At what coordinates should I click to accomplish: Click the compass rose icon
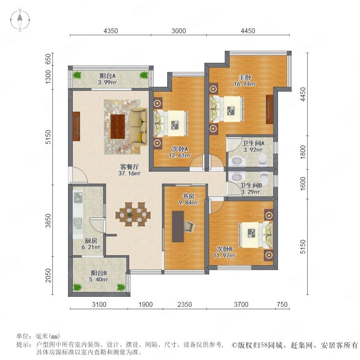[20, 20]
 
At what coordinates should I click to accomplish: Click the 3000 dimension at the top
[179, 31]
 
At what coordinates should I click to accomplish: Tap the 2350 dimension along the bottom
[184, 304]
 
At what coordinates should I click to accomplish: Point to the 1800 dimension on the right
[303, 152]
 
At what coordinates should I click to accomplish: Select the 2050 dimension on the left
[48, 276]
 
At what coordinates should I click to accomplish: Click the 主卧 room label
[245, 77]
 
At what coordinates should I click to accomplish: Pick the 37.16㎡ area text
[129, 173]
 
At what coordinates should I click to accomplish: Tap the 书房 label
[188, 196]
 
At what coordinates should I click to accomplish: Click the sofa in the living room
[139, 126]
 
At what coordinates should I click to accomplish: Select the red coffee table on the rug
[118, 126]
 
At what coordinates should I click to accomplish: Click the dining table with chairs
[133, 214]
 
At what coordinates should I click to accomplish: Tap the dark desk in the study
[178, 226]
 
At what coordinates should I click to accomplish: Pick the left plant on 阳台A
[77, 75]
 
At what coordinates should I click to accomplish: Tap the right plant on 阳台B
[121, 287]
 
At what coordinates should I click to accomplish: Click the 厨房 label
[91, 241]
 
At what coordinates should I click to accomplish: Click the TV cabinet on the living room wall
[76, 126]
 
